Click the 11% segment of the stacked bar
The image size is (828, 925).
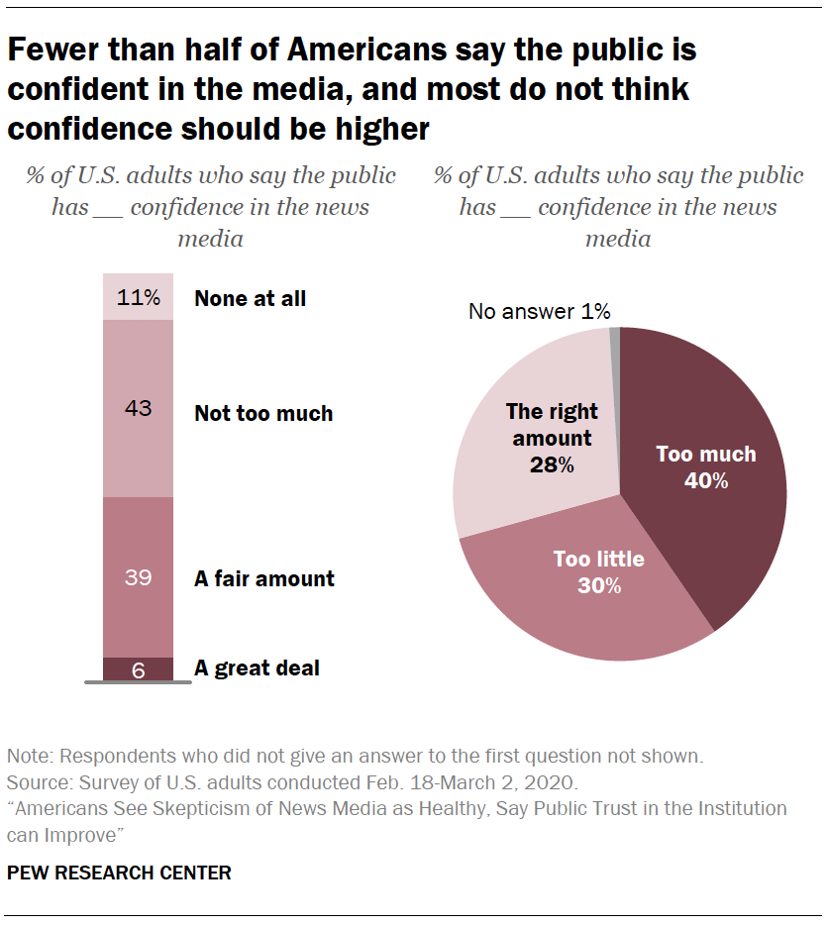(x=138, y=297)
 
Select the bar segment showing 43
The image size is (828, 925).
(x=138, y=407)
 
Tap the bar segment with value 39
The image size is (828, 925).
(x=138, y=577)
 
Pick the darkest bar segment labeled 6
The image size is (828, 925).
(x=138, y=669)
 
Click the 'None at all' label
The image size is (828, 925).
(x=250, y=298)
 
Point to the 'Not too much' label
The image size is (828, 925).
(x=263, y=413)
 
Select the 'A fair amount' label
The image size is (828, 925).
(x=263, y=578)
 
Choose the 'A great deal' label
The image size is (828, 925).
(x=257, y=668)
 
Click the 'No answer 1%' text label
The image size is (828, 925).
(x=539, y=311)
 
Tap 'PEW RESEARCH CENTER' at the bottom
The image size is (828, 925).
(x=120, y=873)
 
